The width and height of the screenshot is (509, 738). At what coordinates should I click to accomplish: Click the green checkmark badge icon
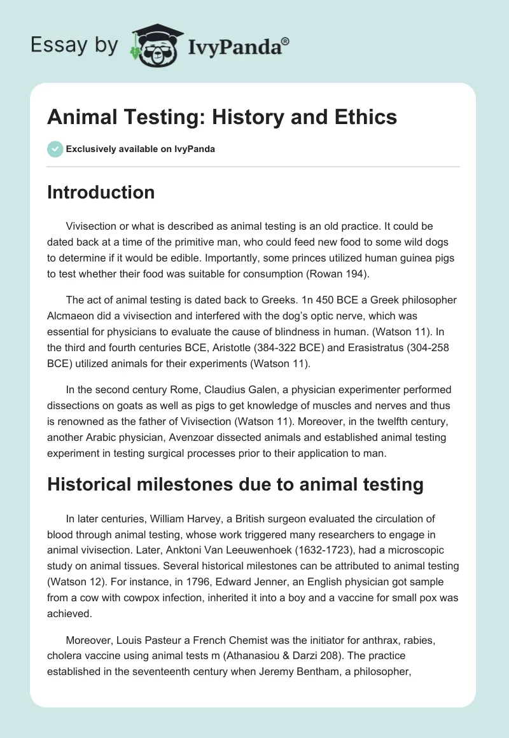coord(55,149)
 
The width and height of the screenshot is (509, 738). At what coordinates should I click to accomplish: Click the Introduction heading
coord(101,192)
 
